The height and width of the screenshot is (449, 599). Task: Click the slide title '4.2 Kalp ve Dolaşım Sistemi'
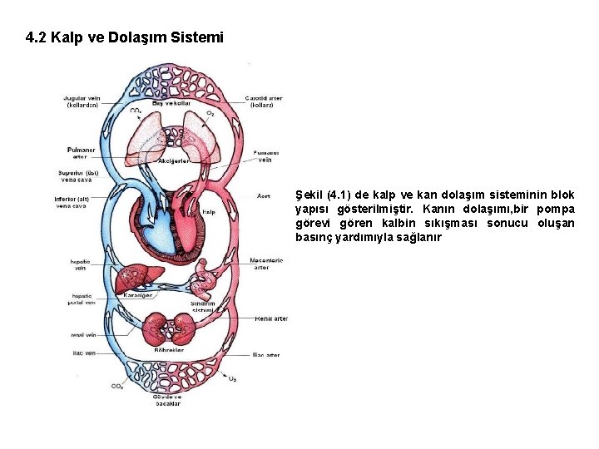pyautogui.click(x=125, y=38)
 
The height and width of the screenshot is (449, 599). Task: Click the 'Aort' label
pyautogui.click(x=263, y=196)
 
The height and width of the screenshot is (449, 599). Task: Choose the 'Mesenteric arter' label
pyautogui.click(x=266, y=264)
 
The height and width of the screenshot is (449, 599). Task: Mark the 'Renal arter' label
pyautogui.click(x=270, y=318)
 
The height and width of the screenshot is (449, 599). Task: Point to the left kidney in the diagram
pyautogui.click(x=156, y=326)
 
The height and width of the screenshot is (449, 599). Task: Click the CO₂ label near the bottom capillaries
pyautogui.click(x=118, y=387)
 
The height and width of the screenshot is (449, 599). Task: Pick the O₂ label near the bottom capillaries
pyautogui.click(x=232, y=379)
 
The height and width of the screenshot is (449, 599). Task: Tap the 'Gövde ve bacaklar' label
pyautogui.click(x=167, y=401)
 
